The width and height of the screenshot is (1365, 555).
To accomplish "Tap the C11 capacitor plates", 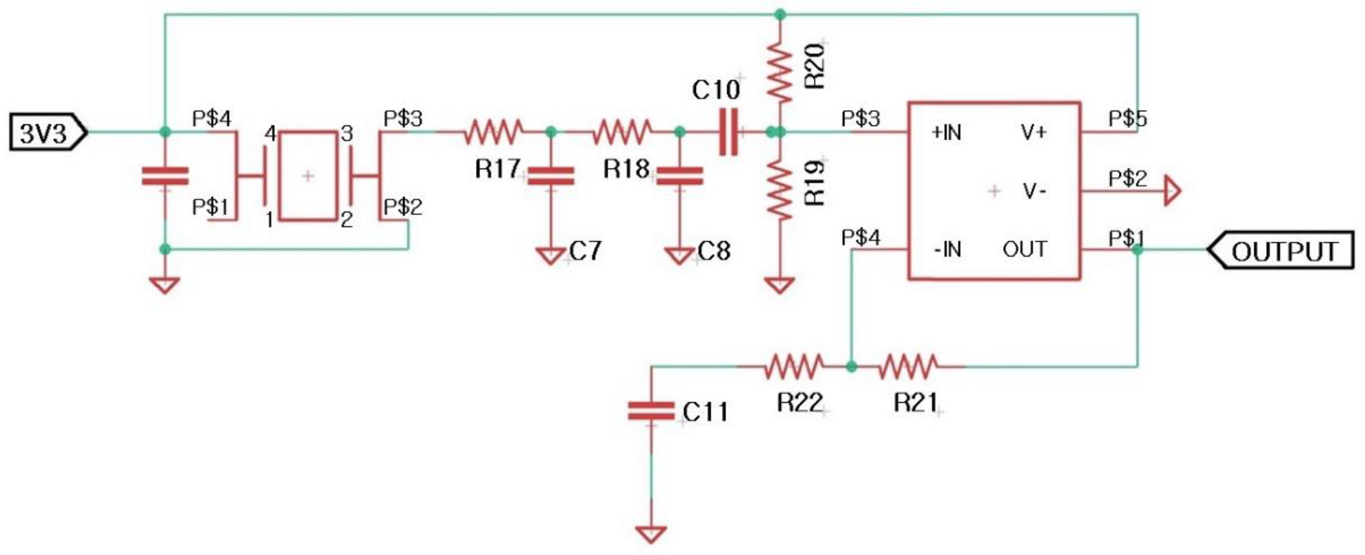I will (x=651, y=411).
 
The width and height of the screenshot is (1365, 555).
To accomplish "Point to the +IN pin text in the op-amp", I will (x=947, y=132).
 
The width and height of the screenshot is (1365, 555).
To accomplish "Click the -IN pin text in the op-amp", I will (x=947, y=249).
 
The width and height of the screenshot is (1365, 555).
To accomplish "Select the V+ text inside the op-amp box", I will (x=1033, y=132).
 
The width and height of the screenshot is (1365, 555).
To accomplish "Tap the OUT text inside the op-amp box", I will (x=1025, y=249).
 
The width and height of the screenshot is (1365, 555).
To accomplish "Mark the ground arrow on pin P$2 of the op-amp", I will (x=1172, y=191).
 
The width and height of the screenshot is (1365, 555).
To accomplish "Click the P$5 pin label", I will (x=1127, y=118).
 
